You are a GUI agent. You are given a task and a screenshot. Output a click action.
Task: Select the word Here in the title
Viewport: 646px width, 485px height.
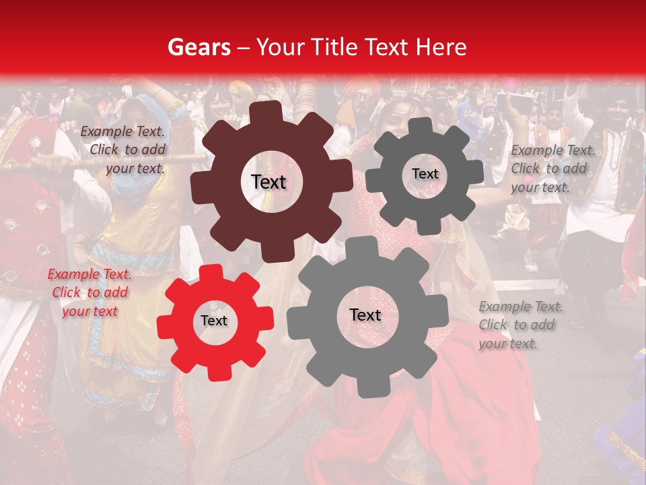click(x=441, y=47)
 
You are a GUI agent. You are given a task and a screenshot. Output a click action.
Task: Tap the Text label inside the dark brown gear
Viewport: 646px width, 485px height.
click(x=268, y=182)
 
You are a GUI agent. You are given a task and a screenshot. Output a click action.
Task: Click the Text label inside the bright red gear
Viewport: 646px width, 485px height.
click(x=214, y=321)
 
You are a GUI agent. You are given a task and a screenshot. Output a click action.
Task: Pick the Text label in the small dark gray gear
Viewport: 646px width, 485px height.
click(x=425, y=174)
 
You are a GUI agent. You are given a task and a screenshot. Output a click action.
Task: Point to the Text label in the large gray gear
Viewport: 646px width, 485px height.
click(x=365, y=315)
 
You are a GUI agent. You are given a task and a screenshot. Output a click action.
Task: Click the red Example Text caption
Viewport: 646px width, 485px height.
click(x=89, y=292)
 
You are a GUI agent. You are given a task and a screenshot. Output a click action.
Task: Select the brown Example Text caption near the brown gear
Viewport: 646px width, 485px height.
click(x=122, y=150)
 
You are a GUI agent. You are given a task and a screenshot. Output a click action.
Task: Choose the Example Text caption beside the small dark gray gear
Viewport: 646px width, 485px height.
click(x=552, y=168)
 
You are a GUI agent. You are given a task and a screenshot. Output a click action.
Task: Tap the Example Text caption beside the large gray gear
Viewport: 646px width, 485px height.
click(x=520, y=325)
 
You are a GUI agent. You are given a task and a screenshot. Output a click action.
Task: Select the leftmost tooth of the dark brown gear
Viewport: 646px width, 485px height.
click(x=200, y=183)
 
